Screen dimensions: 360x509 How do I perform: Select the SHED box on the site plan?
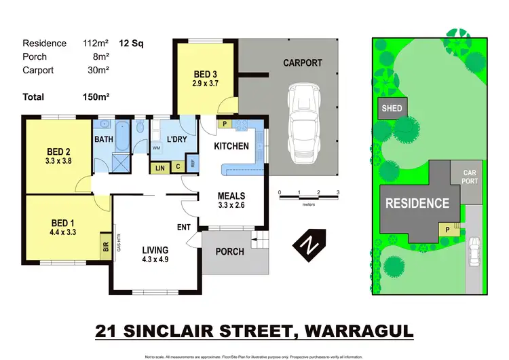coord(392,109)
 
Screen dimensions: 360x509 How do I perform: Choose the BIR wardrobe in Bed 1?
coord(106,248)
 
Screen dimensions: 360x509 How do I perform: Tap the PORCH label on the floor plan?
coord(229,251)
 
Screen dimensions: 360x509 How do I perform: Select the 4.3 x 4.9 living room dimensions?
coord(155,259)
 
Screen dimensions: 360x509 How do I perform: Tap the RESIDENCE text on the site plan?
coord(417,202)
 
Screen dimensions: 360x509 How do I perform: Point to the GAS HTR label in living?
coord(119,243)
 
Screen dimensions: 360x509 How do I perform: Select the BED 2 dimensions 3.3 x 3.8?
coord(58,162)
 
